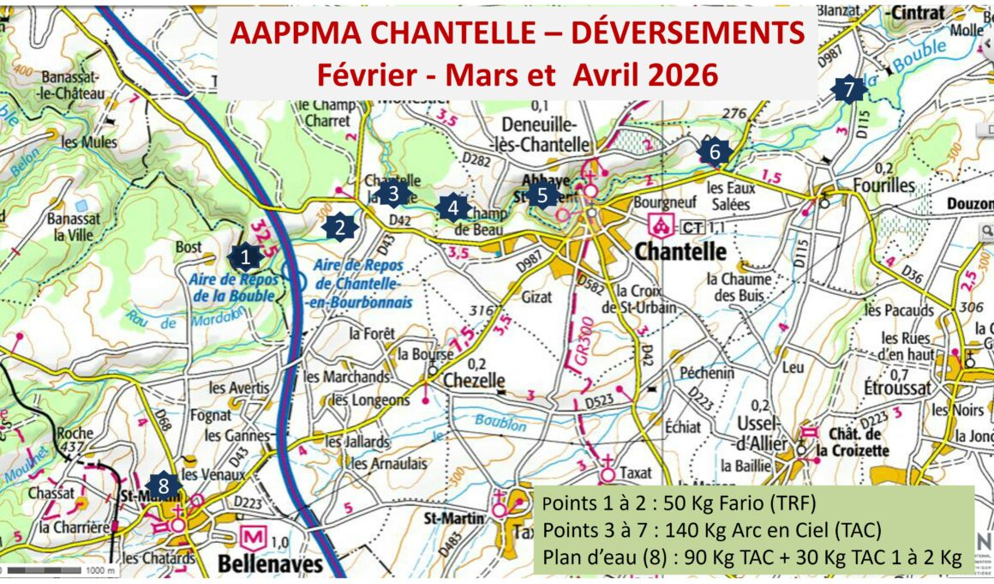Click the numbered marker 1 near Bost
[245, 256]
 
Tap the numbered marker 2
[339, 227]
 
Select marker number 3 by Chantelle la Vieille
[393, 194]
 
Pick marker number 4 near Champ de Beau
[452, 207]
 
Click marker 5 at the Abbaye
[543, 196]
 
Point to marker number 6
[714, 153]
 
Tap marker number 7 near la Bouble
[848, 88]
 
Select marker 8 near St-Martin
[163, 483]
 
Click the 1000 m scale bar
[51, 569]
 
